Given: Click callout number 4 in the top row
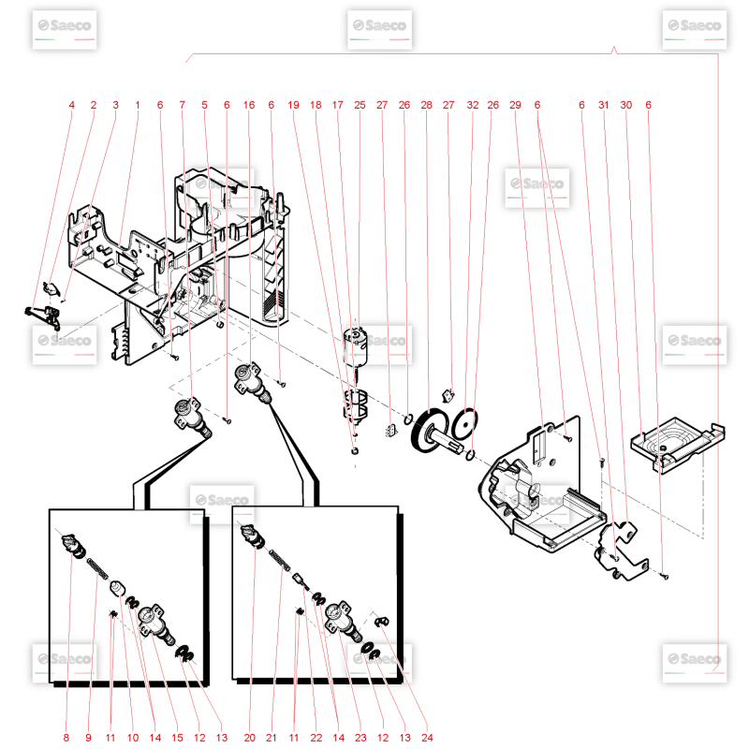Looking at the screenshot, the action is [72, 105].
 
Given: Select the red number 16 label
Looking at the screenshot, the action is [249, 105].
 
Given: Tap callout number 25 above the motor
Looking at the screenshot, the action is [360, 105].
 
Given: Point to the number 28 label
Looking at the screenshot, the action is [426, 105].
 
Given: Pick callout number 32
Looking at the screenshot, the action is [473, 105].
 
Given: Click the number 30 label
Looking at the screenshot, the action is [625, 105].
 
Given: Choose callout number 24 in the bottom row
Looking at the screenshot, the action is [427, 738].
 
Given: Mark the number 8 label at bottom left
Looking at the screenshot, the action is [66, 738].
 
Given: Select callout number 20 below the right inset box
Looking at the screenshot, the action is [249, 738].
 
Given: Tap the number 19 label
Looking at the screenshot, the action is [293, 105].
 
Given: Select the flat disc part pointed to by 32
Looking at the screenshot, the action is [463, 423].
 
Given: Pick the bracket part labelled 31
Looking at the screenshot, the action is [621, 551].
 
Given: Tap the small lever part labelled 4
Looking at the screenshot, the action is [44, 316].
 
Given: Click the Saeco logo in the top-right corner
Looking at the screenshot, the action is [695, 30].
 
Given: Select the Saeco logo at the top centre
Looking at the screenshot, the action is [380, 30].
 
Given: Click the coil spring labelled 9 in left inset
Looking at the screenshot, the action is [97, 568].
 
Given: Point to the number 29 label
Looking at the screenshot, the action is [515, 105].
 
